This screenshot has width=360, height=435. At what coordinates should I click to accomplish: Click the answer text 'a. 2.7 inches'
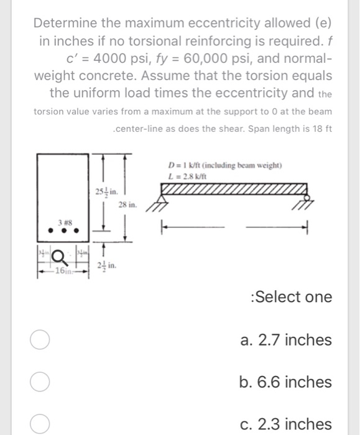(285, 341)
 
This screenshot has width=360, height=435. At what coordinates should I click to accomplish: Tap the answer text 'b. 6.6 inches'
(285, 382)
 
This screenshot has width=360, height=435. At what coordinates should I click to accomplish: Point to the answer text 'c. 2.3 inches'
(285, 424)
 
